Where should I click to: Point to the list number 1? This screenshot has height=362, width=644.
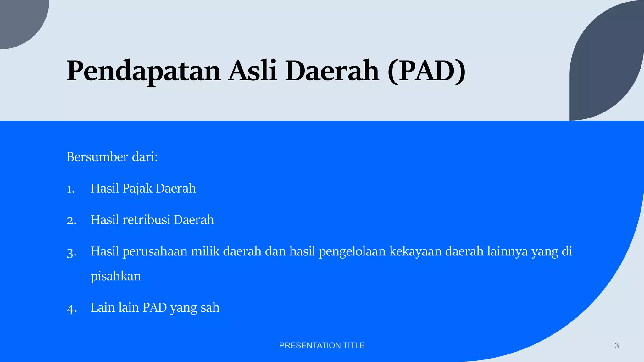coord(70,189)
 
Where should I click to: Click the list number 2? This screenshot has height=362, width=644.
coord(71,221)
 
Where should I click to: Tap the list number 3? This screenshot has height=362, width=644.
coord(71,252)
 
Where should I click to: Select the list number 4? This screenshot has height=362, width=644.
coord(71,309)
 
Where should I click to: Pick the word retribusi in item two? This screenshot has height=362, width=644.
coord(146,220)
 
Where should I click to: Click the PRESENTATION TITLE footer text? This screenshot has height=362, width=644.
coord(322,345)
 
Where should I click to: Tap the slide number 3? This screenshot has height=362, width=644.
coord(616,346)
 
